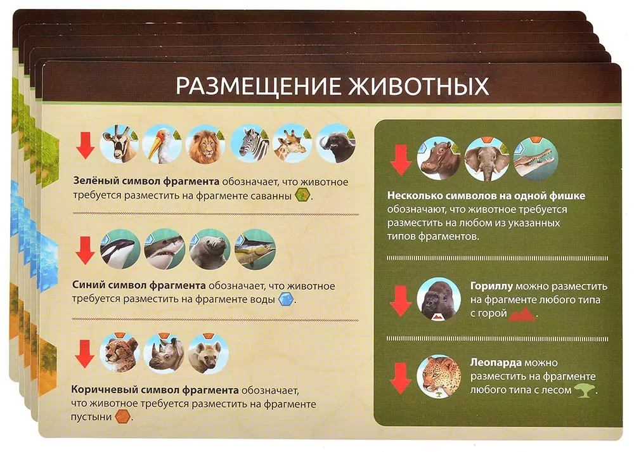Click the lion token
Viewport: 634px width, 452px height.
click(x=205, y=145)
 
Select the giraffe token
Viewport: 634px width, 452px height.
click(x=292, y=145)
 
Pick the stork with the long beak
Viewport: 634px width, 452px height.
click(x=162, y=145)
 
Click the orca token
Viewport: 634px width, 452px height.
click(x=120, y=249)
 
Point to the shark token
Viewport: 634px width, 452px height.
click(x=165, y=249)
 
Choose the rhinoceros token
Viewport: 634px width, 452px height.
click(x=164, y=353)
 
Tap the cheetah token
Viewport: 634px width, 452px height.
click(x=120, y=353)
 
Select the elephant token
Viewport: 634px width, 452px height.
click(x=487, y=159)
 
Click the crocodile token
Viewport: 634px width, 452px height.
click(x=535, y=159)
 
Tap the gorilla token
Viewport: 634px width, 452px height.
click(x=439, y=300)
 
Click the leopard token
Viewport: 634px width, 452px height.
click(x=439, y=377)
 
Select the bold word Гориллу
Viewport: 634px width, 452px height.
click(x=491, y=287)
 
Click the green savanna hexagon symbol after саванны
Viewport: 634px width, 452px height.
click(x=303, y=195)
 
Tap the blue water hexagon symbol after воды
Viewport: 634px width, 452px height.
click(x=287, y=299)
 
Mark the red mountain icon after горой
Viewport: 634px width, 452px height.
click(x=522, y=314)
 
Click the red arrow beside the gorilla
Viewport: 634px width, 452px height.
click(x=400, y=300)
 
